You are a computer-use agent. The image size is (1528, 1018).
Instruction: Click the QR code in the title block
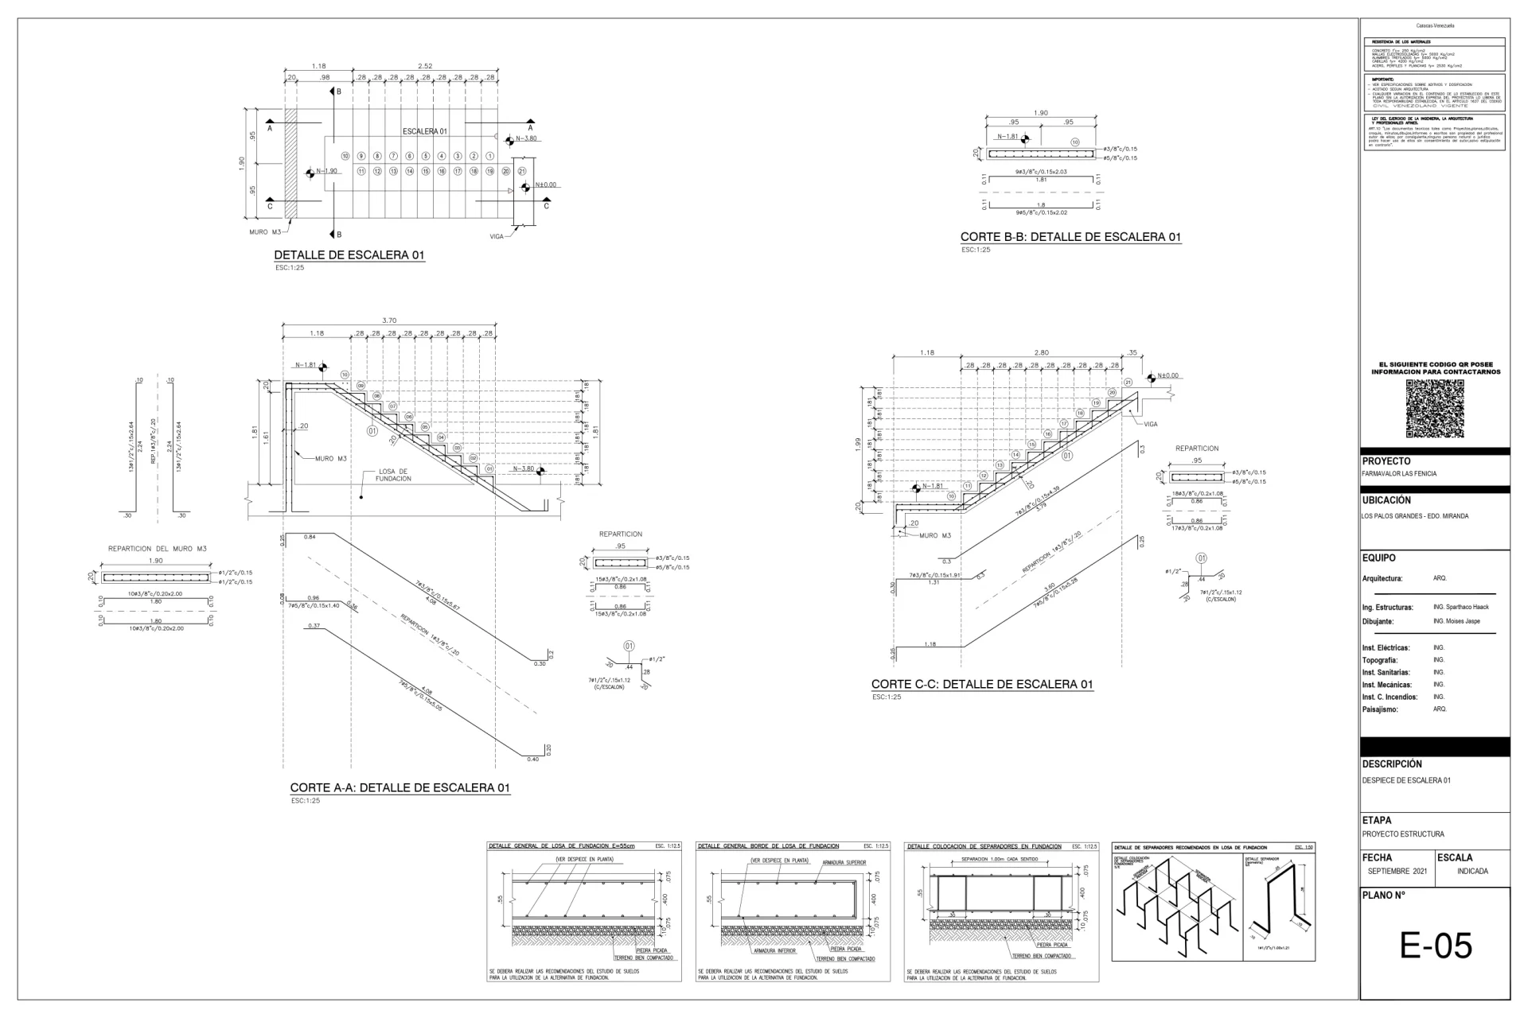[x=1435, y=409]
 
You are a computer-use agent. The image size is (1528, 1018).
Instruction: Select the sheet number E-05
[x=1436, y=946]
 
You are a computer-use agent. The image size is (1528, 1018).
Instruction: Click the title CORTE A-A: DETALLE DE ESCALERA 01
[x=400, y=788]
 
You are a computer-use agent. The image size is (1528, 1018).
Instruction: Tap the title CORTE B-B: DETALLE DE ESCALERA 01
[x=1070, y=237]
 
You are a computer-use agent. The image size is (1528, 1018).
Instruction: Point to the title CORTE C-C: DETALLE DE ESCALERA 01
[x=982, y=684]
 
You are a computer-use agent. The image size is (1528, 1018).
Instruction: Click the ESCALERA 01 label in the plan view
[x=425, y=131]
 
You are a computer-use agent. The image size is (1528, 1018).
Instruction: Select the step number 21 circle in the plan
[x=522, y=171]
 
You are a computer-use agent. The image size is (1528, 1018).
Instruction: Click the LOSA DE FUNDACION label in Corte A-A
[x=393, y=475]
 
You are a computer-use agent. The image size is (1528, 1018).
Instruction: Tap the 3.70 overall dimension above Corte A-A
[x=389, y=321]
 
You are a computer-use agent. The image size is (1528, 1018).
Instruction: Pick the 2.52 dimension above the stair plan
[x=425, y=66]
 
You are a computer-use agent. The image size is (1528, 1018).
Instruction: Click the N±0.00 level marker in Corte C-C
[x=1168, y=375]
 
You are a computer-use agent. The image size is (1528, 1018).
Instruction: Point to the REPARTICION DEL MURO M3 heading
[x=157, y=549]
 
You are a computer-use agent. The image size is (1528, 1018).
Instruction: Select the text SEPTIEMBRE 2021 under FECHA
[x=1397, y=871]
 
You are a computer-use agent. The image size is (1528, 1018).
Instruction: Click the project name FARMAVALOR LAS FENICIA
[x=1399, y=473]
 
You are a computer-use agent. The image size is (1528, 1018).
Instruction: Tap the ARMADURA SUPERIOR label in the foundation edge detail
[x=844, y=862]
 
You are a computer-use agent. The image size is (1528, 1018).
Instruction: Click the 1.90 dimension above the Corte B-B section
[x=1040, y=113]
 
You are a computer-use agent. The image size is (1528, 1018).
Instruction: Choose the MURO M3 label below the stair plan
[x=266, y=232]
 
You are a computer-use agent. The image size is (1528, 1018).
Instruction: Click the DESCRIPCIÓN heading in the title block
[x=1391, y=763]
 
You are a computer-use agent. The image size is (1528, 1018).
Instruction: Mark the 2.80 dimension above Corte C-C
[x=1041, y=352]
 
